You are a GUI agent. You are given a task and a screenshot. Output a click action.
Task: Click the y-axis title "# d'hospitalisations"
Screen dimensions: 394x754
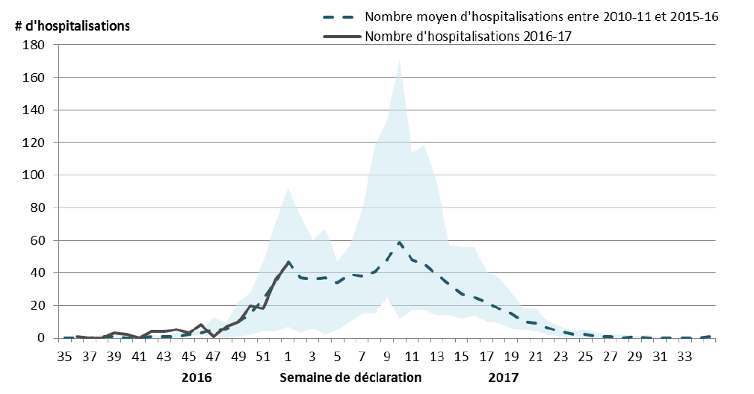tap(72, 25)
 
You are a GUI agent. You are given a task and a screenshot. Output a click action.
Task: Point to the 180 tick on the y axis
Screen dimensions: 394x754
tap(35, 45)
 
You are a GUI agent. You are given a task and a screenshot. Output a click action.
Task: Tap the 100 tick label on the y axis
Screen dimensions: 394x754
tap(35, 175)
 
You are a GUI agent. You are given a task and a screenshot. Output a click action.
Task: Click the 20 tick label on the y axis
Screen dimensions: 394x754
tap(38, 305)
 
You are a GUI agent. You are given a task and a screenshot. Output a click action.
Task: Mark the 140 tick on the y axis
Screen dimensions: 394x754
tap(35, 110)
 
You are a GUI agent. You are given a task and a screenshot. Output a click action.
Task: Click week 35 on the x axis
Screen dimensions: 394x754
tap(65, 356)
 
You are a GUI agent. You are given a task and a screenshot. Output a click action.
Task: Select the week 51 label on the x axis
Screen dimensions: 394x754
tap(262, 356)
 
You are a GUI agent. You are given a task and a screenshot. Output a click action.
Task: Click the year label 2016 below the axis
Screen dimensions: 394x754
tap(197, 378)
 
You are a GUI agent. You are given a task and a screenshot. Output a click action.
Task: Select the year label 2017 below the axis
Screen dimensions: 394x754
tap(503, 378)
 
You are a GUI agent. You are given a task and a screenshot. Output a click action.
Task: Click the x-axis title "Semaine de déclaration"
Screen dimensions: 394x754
tap(350, 378)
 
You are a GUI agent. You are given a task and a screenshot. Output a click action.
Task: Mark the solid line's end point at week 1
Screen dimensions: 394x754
tap(288, 262)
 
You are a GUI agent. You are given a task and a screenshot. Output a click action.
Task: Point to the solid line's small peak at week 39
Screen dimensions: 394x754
tap(114, 333)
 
